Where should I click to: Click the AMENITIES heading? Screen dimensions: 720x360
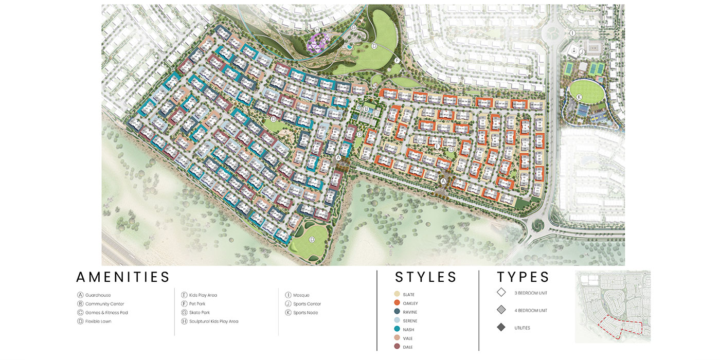click(123, 277)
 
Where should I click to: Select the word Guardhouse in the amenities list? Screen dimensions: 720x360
click(98, 295)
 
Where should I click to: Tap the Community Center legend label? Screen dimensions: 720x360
click(105, 304)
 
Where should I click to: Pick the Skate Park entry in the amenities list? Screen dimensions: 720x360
click(199, 313)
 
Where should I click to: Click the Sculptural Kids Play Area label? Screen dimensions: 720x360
click(213, 321)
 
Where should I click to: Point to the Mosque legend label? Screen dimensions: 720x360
click(301, 295)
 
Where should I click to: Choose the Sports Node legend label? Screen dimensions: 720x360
click(307, 313)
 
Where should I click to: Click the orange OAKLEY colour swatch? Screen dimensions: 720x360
click(397, 303)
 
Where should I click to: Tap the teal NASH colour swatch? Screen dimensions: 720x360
click(397, 330)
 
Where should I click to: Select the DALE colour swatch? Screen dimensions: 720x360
click(397, 347)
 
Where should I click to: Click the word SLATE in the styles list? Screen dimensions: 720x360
click(409, 295)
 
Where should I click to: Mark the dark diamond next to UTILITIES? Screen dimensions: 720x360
click(501, 328)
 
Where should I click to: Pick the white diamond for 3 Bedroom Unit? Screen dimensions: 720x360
click(501, 293)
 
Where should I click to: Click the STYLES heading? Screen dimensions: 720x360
click(426, 277)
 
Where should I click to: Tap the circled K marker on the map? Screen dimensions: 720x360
click(579, 97)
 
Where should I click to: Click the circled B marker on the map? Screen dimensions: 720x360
click(366, 109)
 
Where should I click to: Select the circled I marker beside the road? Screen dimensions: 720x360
click(572, 33)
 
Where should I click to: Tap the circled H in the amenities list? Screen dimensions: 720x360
click(184, 321)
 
